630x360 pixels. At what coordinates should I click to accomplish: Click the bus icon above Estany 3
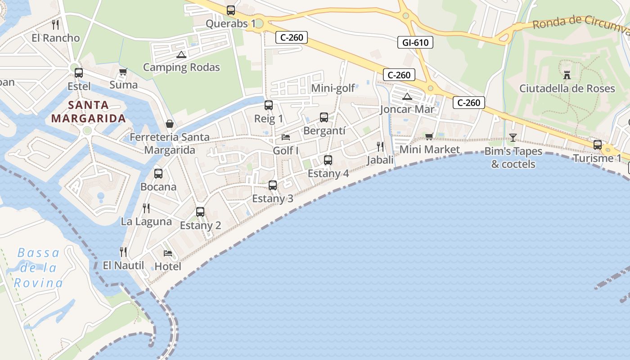click(x=272, y=185)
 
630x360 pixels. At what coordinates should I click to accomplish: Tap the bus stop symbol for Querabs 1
click(x=231, y=10)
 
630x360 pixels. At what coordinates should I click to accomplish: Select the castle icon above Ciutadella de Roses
click(x=567, y=75)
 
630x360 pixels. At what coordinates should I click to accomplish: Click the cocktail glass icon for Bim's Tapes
click(x=513, y=137)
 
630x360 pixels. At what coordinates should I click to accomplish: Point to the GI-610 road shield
click(x=415, y=43)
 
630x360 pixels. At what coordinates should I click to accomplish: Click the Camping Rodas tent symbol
click(x=181, y=55)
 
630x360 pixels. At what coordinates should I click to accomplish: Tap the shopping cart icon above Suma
click(x=123, y=72)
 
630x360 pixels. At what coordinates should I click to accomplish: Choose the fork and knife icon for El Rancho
click(x=55, y=24)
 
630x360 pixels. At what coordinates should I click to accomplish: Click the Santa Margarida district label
click(x=88, y=112)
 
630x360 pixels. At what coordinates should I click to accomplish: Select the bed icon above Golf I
click(x=286, y=137)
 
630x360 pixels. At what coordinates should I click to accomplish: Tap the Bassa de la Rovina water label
click(x=38, y=268)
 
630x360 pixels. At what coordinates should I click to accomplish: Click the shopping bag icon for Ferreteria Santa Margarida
click(x=170, y=123)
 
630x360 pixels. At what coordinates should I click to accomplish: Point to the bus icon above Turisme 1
click(x=598, y=144)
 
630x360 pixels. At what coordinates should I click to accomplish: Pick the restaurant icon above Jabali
click(x=380, y=146)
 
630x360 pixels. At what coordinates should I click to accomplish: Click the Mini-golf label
click(x=333, y=88)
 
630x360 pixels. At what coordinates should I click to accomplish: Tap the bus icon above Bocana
click(x=158, y=173)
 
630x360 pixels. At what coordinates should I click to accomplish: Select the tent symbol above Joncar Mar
click(x=407, y=96)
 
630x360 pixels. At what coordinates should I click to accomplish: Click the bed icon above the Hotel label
click(x=168, y=253)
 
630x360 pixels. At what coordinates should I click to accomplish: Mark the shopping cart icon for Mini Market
click(x=429, y=136)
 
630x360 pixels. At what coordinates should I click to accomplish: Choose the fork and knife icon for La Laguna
click(x=146, y=208)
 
